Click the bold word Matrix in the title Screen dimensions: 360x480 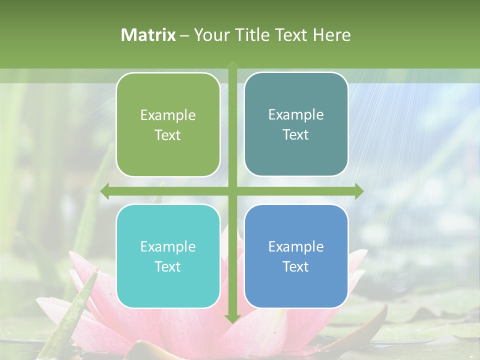[x=148, y=35]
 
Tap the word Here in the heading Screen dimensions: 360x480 [x=331, y=35]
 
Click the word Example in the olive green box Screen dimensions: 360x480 [x=168, y=115]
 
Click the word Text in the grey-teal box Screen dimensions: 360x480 [x=296, y=135]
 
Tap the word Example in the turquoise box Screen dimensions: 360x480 [x=168, y=247]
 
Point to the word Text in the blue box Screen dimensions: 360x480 [x=296, y=267]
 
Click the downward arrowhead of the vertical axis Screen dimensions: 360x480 [x=232, y=318]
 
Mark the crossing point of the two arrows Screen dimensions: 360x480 [x=232, y=191]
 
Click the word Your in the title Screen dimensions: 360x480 [x=209, y=35]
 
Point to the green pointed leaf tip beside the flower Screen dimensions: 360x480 [x=94, y=272]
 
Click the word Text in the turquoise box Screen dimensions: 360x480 [x=168, y=267]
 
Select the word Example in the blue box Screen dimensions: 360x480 [x=296, y=247]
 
